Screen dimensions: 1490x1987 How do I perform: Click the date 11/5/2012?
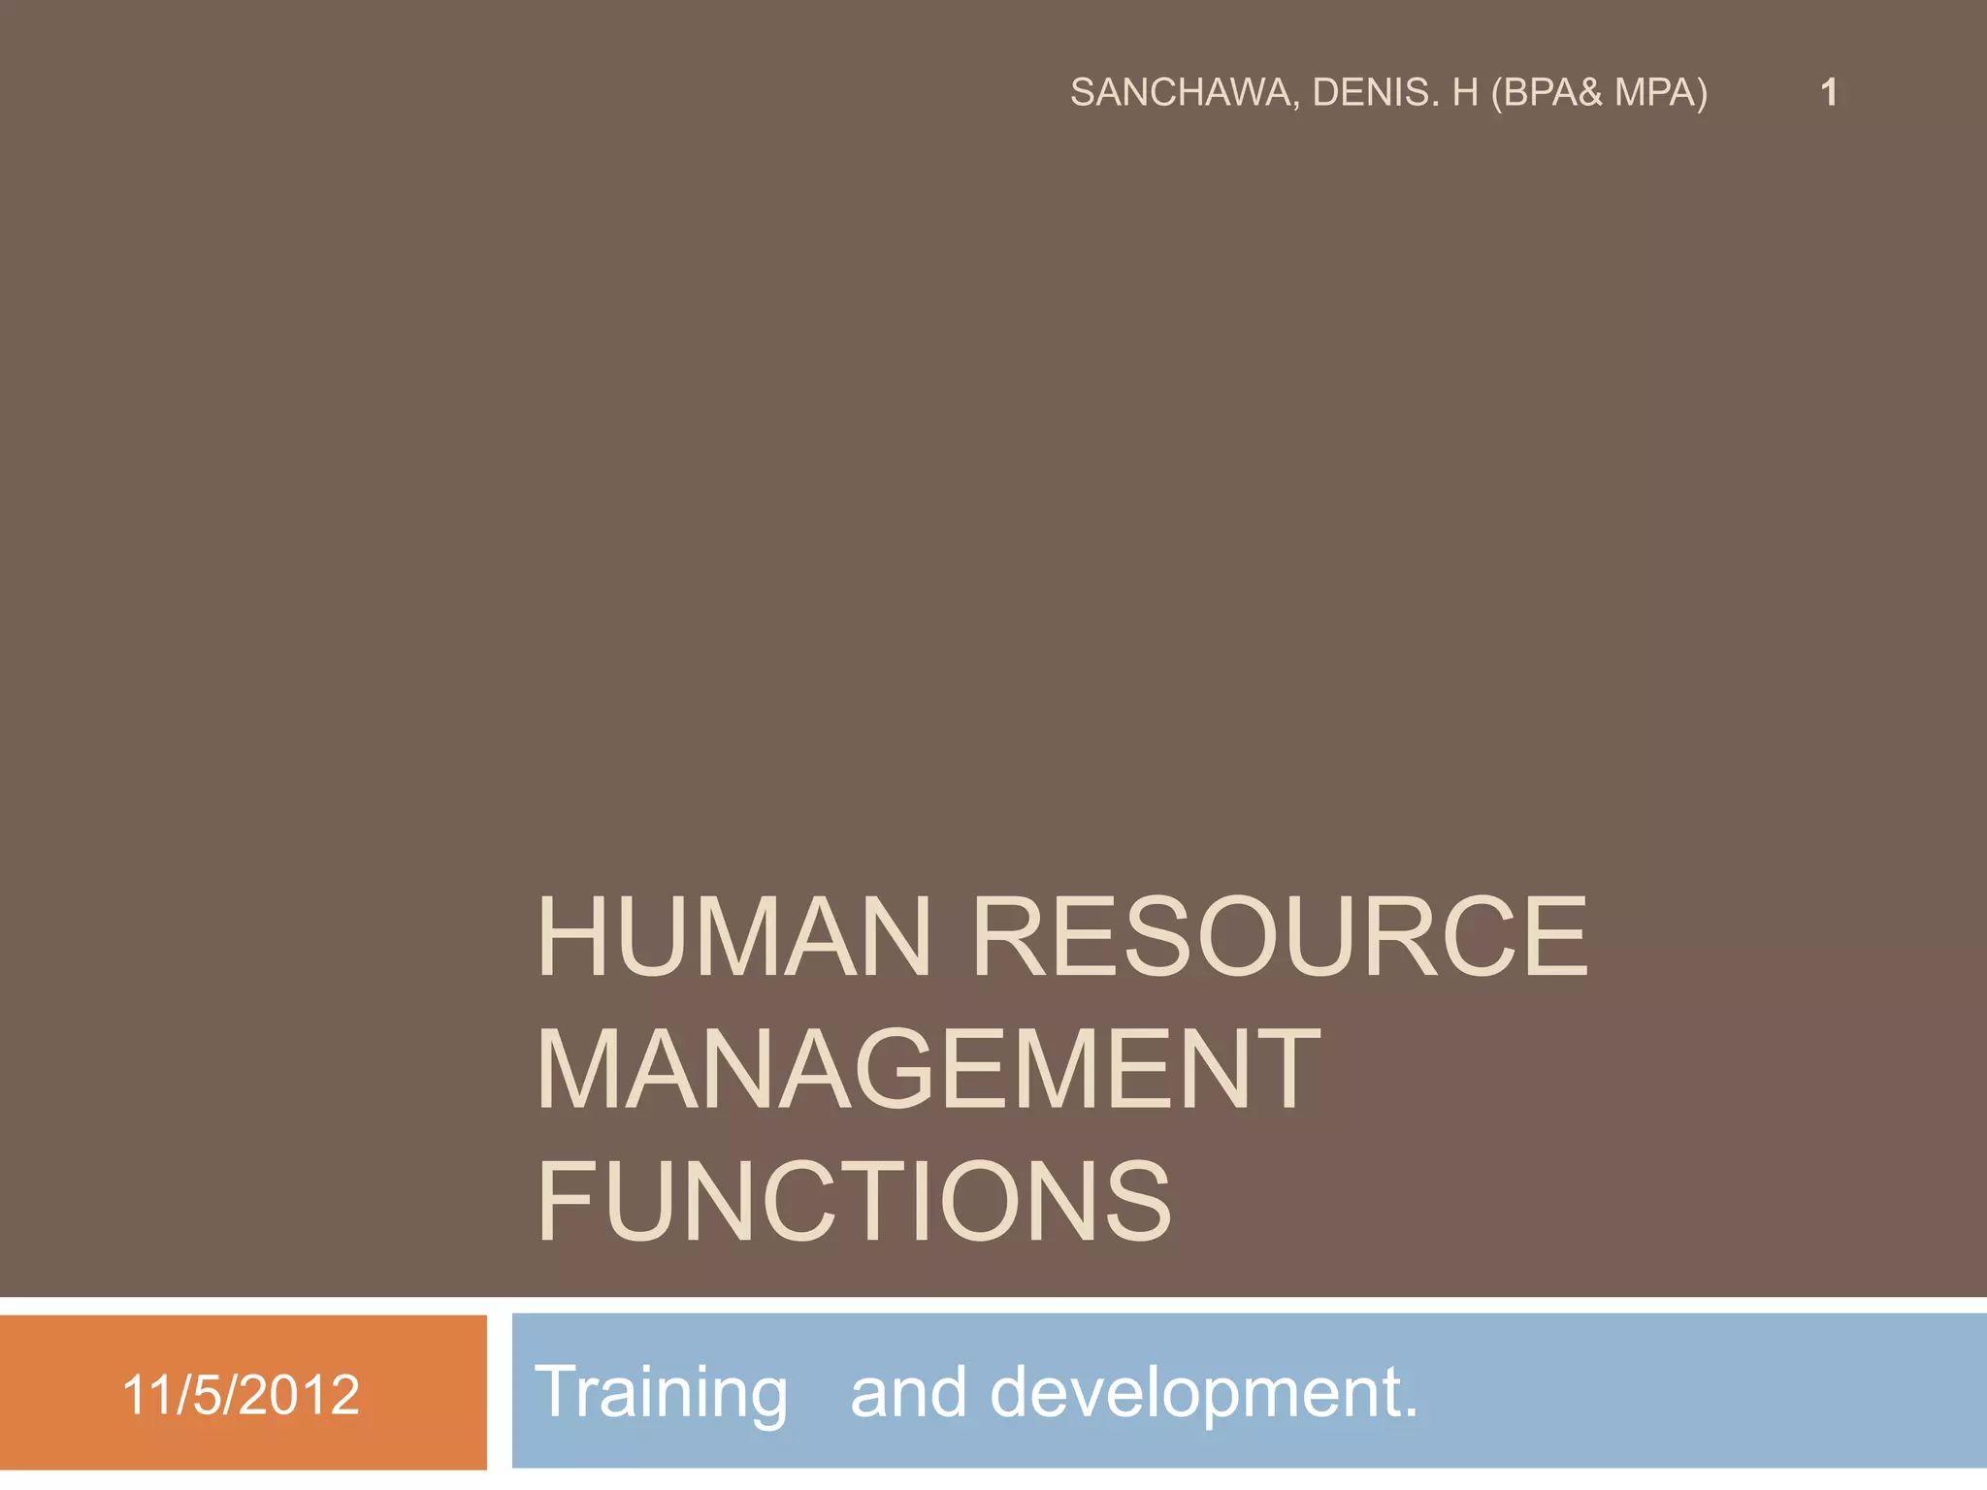pyautogui.click(x=241, y=1395)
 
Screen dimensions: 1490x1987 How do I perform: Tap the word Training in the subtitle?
pyautogui.click(x=661, y=1393)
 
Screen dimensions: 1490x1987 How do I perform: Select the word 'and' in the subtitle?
pyautogui.click(x=908, y=1393)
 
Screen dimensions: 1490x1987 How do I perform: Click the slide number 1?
pyautogui.click(x=1829, y=93)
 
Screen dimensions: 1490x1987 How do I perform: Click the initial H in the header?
pyautogui.click(x=1465, y=93)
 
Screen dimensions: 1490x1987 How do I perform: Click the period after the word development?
pyautogui.click(x=1410, y=1412)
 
